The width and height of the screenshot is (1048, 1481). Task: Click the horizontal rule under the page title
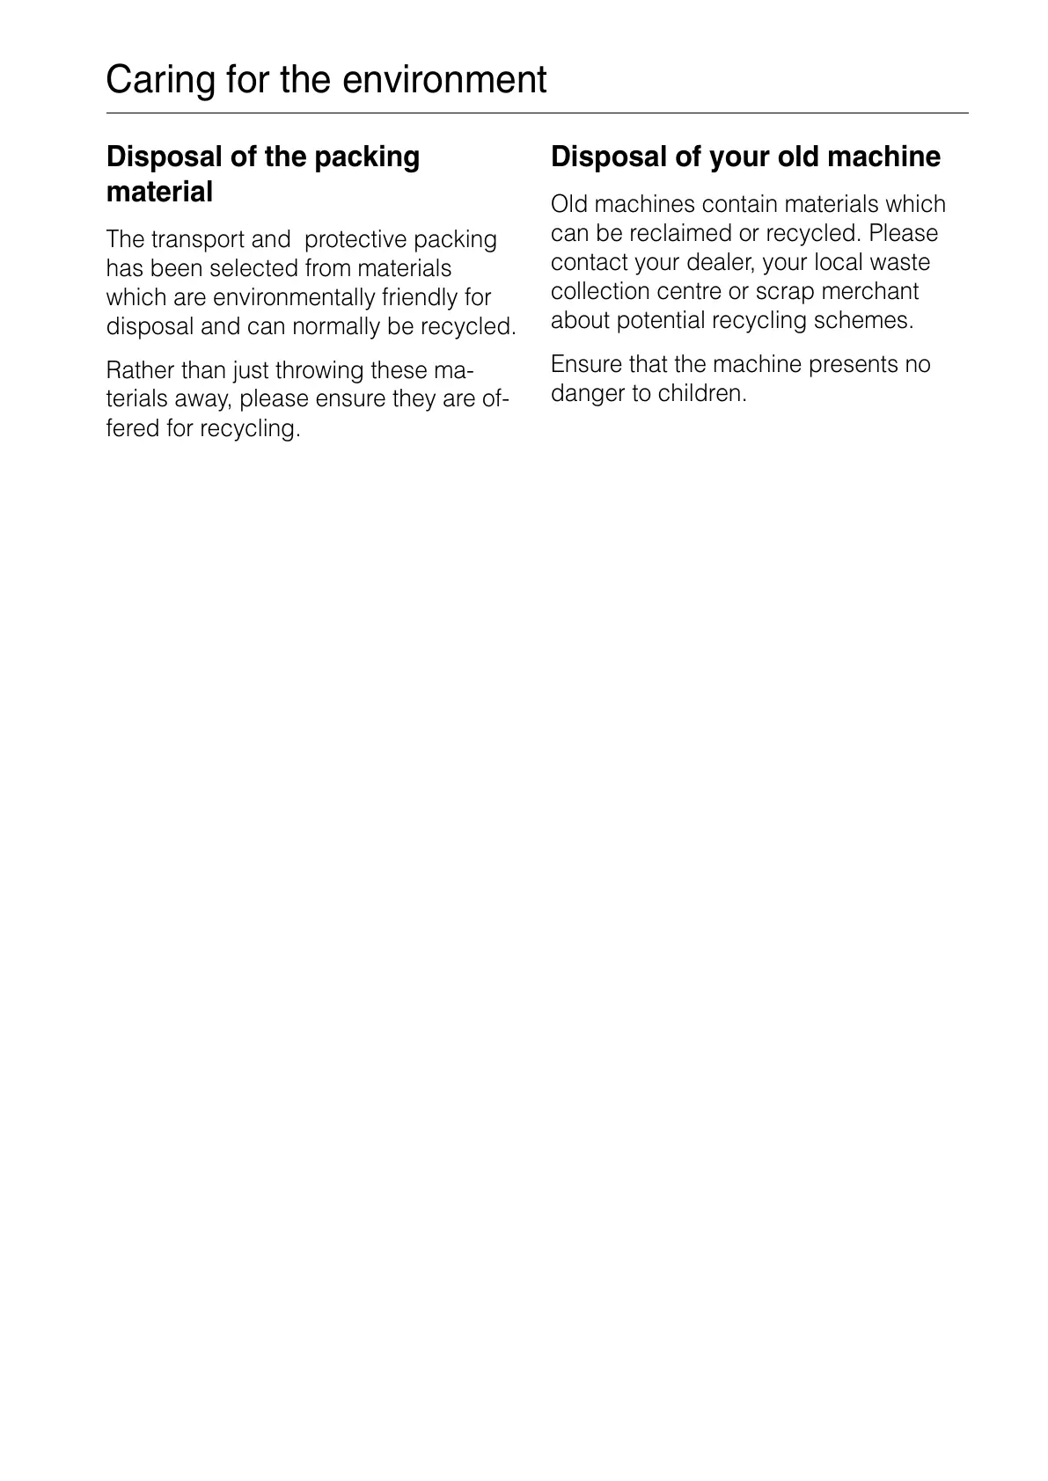537,113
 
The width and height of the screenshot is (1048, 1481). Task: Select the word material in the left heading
159,192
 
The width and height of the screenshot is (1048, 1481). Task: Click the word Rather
140,370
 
